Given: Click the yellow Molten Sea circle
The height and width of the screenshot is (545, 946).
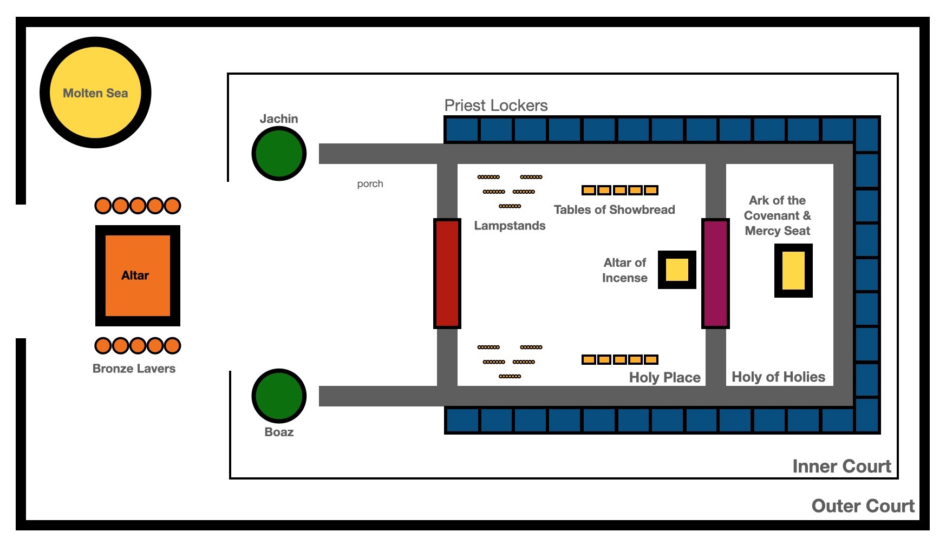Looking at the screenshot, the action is [x=95, y=93].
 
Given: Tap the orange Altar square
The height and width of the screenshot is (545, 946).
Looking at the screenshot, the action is [x=138, y=275].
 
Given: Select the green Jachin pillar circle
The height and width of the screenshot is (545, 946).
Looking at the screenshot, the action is [x=279, y=154].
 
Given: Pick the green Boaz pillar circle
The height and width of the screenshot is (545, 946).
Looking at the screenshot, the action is [x=279, y=396].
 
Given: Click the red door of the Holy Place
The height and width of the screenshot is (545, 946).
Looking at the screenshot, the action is [x=447, y=273].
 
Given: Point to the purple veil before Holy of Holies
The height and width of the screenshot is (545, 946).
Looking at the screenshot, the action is [x=715, y=273].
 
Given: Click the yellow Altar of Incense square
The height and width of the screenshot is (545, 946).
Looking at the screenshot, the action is [x=677, y=270].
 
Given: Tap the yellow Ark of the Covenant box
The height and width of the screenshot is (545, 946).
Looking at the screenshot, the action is [x=793, y=271].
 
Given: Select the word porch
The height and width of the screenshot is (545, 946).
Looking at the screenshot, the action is [x=370, y=184].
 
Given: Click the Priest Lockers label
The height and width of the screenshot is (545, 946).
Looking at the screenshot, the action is [x=496, y=106].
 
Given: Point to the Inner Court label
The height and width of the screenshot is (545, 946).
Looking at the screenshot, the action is [x=841, y=467].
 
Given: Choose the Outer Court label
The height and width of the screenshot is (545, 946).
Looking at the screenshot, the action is [x=863, y=506].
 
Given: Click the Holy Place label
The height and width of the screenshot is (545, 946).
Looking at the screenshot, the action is [x=665, y=378].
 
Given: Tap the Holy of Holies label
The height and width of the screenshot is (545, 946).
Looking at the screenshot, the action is [x=779, y=377].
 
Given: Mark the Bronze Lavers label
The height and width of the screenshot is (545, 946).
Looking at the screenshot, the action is [x=134, y=369].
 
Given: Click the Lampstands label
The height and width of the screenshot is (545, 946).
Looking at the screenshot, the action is [x=510, y=226].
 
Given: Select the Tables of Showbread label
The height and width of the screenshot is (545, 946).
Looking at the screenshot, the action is [x=615, y=209].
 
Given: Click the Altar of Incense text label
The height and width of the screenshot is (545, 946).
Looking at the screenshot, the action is [x=625, y=270].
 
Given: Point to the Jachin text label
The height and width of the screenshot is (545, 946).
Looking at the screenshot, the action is [x=279, y=119].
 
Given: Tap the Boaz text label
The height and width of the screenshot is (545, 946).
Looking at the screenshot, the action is [x=279, y=432].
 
